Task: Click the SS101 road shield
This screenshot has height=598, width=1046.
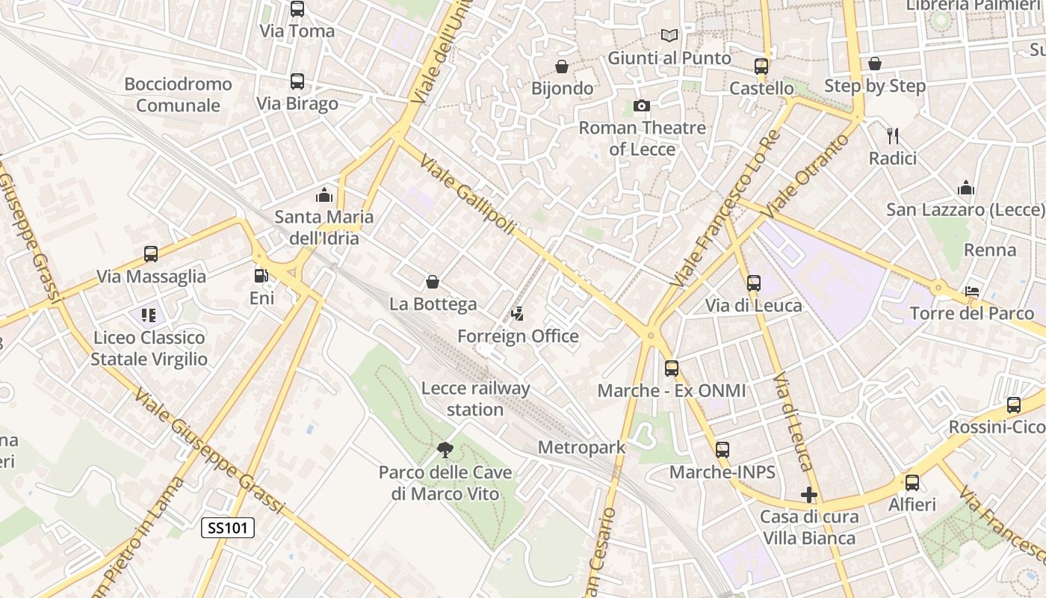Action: (228, 528)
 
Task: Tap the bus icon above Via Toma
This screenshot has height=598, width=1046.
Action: (297, 9)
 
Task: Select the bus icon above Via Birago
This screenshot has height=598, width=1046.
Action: (297, 81)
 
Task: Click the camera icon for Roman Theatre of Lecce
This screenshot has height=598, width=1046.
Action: (641, 106)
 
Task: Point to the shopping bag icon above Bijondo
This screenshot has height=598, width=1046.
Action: (562, 67)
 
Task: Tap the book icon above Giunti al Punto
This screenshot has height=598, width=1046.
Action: (669, 35)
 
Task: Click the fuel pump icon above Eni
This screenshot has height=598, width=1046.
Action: (261, 276)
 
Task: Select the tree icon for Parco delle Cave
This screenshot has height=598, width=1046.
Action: (445, 450)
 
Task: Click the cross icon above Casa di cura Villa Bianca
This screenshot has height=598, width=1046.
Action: (808, 495)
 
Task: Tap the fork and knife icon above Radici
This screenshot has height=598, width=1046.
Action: (892, 136)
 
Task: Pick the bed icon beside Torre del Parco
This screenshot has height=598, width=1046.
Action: (972, 292)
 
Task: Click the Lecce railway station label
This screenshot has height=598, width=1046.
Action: (475, 399)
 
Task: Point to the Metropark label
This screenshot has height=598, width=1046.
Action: (581, 448)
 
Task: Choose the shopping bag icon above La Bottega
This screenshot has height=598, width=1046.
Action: (432, 282)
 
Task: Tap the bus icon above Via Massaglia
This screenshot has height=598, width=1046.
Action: (151, 254)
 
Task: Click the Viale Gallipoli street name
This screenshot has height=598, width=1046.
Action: (467, 194)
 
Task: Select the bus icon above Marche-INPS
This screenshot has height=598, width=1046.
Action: (722, 450)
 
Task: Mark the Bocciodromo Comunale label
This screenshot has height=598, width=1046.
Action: (178, 95)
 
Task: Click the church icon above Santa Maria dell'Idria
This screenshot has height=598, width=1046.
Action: (324, 195)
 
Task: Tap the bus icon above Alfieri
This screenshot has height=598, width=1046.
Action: (912, 483)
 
